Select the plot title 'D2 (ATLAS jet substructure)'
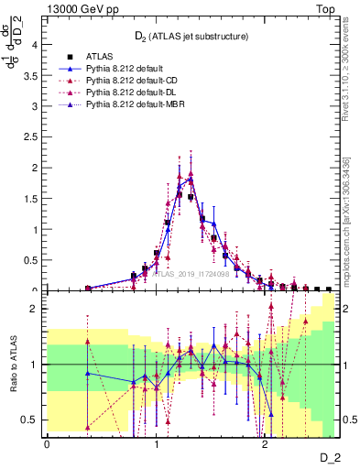pyautogui.click(x=190, y=37)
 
